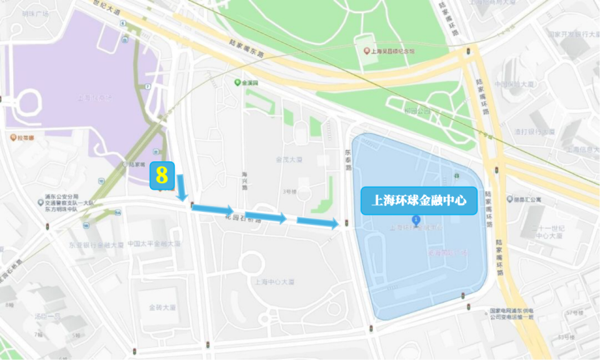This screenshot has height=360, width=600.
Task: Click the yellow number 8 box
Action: pos(162,175)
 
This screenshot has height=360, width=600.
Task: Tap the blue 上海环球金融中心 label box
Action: pos(419,201)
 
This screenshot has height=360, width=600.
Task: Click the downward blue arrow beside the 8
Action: pos(182,187)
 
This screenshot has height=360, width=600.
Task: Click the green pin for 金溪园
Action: pos(237,82)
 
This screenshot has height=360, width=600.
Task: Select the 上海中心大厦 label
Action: pos(276,281)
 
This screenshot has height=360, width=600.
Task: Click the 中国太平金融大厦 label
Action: pos(153,244)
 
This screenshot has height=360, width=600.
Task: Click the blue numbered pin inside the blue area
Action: pos(415,219)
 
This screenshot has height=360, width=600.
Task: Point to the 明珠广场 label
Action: pos(35,13)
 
